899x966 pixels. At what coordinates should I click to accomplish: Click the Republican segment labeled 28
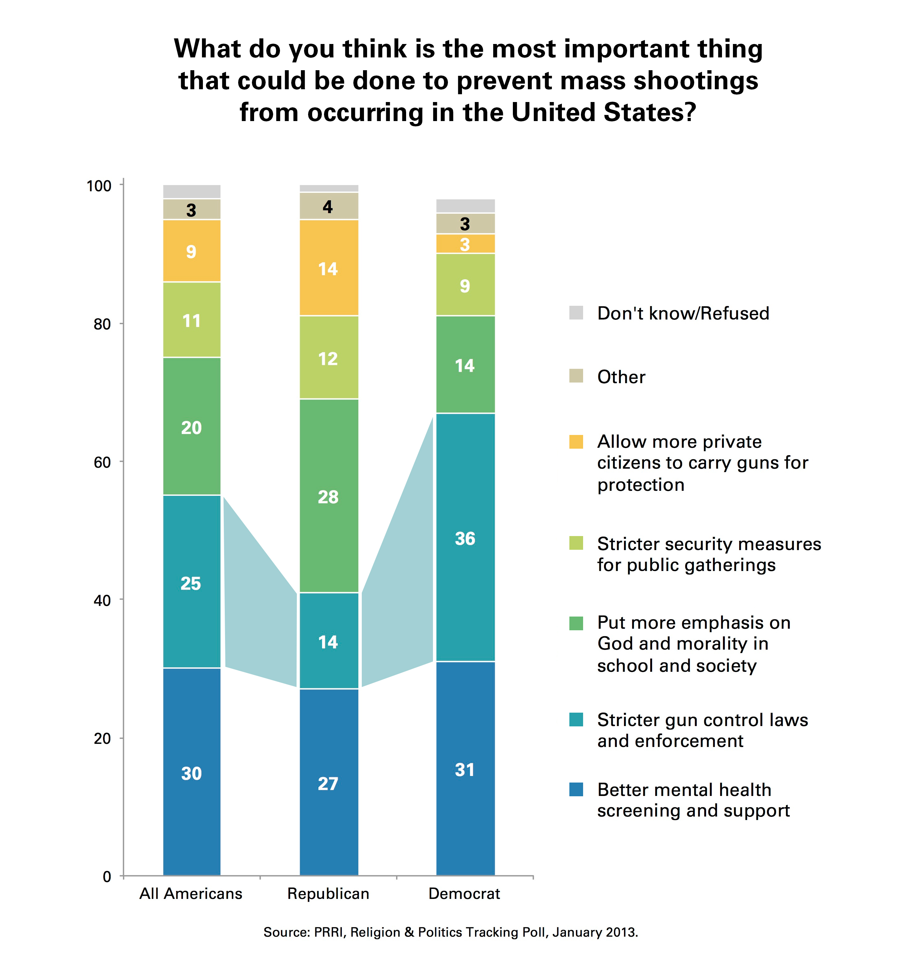329,495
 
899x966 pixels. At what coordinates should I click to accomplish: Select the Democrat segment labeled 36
465,537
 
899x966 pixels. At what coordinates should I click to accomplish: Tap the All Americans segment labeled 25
192,582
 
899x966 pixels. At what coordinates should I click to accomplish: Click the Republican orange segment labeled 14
329,268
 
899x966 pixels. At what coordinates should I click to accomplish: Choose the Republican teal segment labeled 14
329,641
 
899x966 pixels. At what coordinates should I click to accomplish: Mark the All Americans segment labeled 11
192,320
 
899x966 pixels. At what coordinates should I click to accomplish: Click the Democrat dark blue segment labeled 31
465,769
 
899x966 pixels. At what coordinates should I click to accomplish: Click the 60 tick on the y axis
102,462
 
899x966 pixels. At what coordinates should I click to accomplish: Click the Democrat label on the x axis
464,894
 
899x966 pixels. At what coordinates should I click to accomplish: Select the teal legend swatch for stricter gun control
576,720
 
